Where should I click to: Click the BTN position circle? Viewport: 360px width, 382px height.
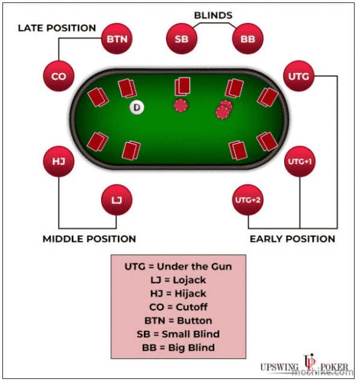pos(117,39)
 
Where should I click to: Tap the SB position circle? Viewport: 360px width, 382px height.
pos(182,39)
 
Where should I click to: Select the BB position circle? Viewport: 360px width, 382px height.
pos(247,39)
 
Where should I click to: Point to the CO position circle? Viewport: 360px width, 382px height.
pos(58,76)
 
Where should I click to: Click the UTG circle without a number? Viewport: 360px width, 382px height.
pos(299,76)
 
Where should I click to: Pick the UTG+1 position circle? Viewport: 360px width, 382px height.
pos(300,161)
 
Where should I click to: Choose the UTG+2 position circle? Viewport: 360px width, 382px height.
pos(247,200)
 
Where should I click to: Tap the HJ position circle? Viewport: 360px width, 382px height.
pos(58,161)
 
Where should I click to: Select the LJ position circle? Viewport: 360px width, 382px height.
pos(117,200)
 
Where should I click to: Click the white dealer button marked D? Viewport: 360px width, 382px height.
pos(137,107)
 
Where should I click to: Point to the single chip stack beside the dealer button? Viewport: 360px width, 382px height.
pos(181,106)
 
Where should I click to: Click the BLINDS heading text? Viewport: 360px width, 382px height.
pos(213,16)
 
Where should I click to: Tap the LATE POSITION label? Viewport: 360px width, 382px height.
pos(57,28)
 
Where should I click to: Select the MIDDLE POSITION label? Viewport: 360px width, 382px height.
pos(89,239)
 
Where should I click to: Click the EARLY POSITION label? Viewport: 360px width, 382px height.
pos(293,239)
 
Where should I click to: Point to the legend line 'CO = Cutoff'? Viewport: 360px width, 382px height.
pos(178,307)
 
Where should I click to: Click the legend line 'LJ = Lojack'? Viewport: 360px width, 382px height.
pos(178,280)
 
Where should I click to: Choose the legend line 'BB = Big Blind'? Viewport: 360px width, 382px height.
pos(178,347)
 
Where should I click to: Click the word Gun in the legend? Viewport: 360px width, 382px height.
pos(222,266)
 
